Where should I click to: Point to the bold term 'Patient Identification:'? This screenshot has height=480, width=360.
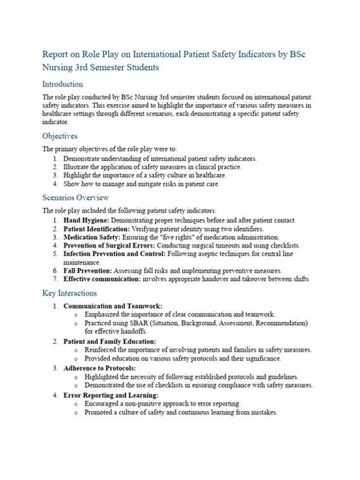[x=102, y=228]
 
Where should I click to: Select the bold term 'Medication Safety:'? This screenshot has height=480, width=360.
[x=95, y=237]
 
